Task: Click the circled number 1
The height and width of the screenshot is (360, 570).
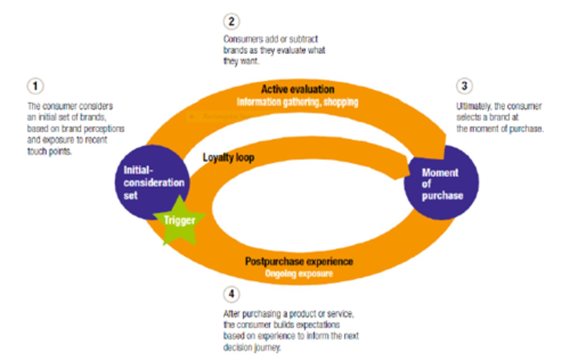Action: (35, 86)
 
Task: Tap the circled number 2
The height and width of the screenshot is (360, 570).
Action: (231, 21)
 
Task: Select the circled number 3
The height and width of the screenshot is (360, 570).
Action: (464, 86)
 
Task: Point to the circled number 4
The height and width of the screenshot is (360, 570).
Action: (231, 294)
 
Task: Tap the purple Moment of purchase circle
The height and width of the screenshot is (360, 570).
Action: (441, 184)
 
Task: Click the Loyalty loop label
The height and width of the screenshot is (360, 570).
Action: (228, 157)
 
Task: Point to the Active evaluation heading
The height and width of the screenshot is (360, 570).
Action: (297, 89)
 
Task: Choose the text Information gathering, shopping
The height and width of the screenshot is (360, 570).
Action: (297, 102)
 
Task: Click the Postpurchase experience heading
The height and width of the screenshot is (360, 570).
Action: (299, 261)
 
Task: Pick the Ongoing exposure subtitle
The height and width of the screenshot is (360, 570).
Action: (299, 274)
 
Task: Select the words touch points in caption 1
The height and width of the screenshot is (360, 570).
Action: (49, 152)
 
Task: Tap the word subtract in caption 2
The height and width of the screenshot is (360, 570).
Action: (303, 39)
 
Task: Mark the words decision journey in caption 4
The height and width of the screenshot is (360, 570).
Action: (252, 347)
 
